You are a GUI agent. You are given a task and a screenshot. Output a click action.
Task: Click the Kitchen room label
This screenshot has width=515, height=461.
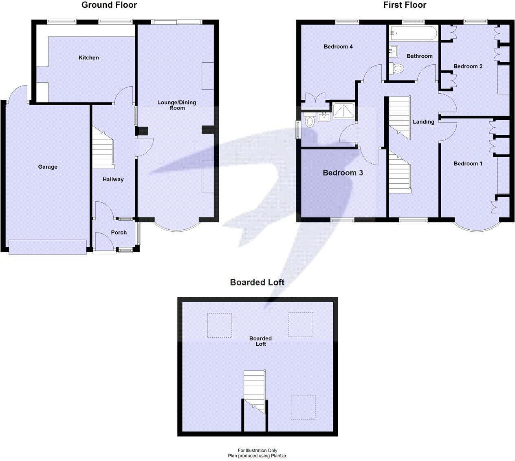coord(88,58)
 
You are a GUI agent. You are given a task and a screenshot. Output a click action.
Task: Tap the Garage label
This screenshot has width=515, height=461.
coord(48,167)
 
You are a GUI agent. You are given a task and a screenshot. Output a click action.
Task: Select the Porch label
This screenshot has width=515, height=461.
coord(119,233)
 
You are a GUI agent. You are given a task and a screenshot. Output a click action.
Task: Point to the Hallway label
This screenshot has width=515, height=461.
coord(113,179)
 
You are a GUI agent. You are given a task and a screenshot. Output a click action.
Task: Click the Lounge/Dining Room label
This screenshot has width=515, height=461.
coord(177,105)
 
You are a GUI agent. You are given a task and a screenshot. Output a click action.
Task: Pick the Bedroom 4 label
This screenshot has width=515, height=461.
coord(338,46)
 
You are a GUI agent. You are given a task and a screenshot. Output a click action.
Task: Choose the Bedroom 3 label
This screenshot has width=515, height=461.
coord(343,173)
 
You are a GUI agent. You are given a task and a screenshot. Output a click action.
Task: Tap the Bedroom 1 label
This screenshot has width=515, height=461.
coord(468,164)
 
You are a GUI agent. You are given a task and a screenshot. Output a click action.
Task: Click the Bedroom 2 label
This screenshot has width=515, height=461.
coord(468,66)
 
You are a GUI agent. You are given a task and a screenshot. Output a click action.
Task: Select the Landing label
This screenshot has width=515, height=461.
coord(423,122)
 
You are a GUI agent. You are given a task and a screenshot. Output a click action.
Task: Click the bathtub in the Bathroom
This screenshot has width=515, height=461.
coord(413,33)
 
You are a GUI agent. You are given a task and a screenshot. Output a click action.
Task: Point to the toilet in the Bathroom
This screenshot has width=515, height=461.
coord(397,69)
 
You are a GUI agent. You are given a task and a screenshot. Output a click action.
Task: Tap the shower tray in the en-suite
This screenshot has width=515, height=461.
coord(344,110)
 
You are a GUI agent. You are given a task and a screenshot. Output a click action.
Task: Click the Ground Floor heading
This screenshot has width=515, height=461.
coord(109,5)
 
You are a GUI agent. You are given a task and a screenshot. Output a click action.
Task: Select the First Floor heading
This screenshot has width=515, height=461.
coord(405,5)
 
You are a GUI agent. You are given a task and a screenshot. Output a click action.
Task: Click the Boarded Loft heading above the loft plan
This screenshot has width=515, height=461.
coord(257,282)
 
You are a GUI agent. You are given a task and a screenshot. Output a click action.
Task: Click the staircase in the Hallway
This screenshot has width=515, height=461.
coord(103,148)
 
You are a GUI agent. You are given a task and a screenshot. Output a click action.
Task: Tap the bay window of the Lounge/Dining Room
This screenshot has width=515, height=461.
coord(177,227)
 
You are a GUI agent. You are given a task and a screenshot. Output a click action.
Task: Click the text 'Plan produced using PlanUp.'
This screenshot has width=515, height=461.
coord(257,456)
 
